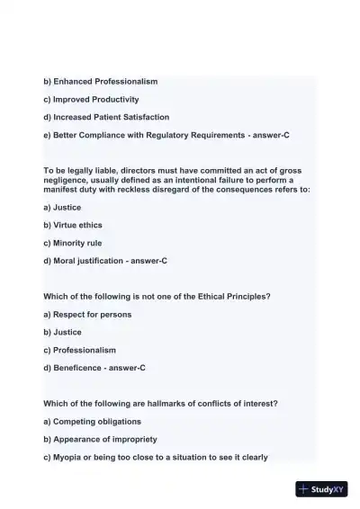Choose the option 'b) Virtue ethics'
click(x=73, y=225)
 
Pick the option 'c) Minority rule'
click(x=73, y=243)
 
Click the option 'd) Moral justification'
click(x=85, y=261)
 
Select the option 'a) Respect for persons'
click(x=87, y=314)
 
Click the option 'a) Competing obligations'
click(x=92, y=421)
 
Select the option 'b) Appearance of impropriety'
click(x=100, y=439)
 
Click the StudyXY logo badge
click(x=321, y=489)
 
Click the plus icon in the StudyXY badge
click(x=303, y=489)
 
